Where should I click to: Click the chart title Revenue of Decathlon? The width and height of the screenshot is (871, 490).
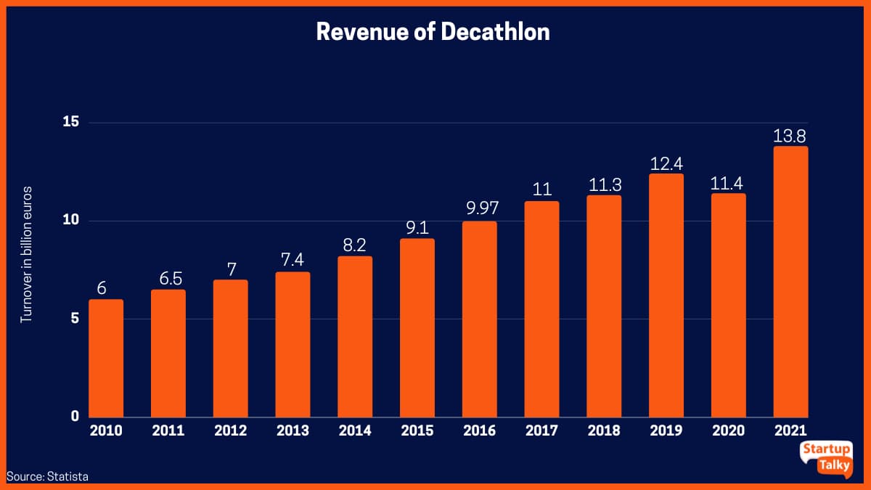tap(433, 32)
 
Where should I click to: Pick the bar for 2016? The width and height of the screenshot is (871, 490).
tap(480, 319)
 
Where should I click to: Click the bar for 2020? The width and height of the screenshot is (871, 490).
tap(728, 305)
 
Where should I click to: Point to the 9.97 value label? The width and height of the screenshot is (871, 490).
tap(480, 209)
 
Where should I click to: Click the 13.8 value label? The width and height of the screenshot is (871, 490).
tap(790, 135)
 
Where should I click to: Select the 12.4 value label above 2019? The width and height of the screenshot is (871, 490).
tap(666, 163)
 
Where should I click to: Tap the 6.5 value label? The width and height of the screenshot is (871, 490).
tap(168, 278)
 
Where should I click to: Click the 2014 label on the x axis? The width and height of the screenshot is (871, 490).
tap(355, 431)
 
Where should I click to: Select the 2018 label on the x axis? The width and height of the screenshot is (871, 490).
tap(604, 431)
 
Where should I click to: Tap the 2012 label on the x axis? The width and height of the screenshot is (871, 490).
tap(231, 431)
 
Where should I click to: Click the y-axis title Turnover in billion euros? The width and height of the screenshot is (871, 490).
tap(26, 254)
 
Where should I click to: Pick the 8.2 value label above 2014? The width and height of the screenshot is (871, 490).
tap(355, 245)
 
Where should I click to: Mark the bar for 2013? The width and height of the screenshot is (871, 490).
tap(293, 345)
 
